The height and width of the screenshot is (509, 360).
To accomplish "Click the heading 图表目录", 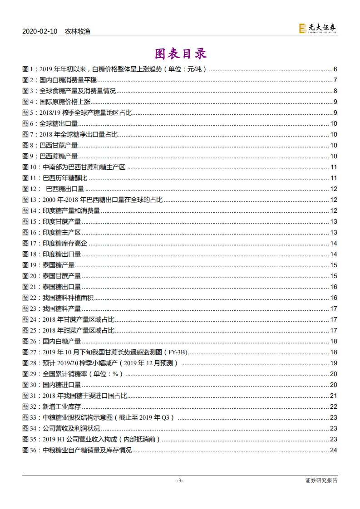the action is click(x=180, y=54).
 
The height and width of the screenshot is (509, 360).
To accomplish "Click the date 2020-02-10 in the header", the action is click(x=39, y=31).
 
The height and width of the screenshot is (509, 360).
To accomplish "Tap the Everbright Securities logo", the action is click(x=317, y=29).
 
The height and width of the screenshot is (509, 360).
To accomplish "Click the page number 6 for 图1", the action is click(x=335, y=69).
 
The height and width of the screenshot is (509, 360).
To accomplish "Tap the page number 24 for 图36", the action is click(x=333, y=450).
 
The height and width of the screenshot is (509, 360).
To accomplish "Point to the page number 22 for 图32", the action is click(x=333, y=406).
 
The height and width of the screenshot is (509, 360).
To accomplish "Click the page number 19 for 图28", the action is click(x=333, y=363).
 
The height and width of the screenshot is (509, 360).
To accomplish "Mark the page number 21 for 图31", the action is click(x=333, y=396).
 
